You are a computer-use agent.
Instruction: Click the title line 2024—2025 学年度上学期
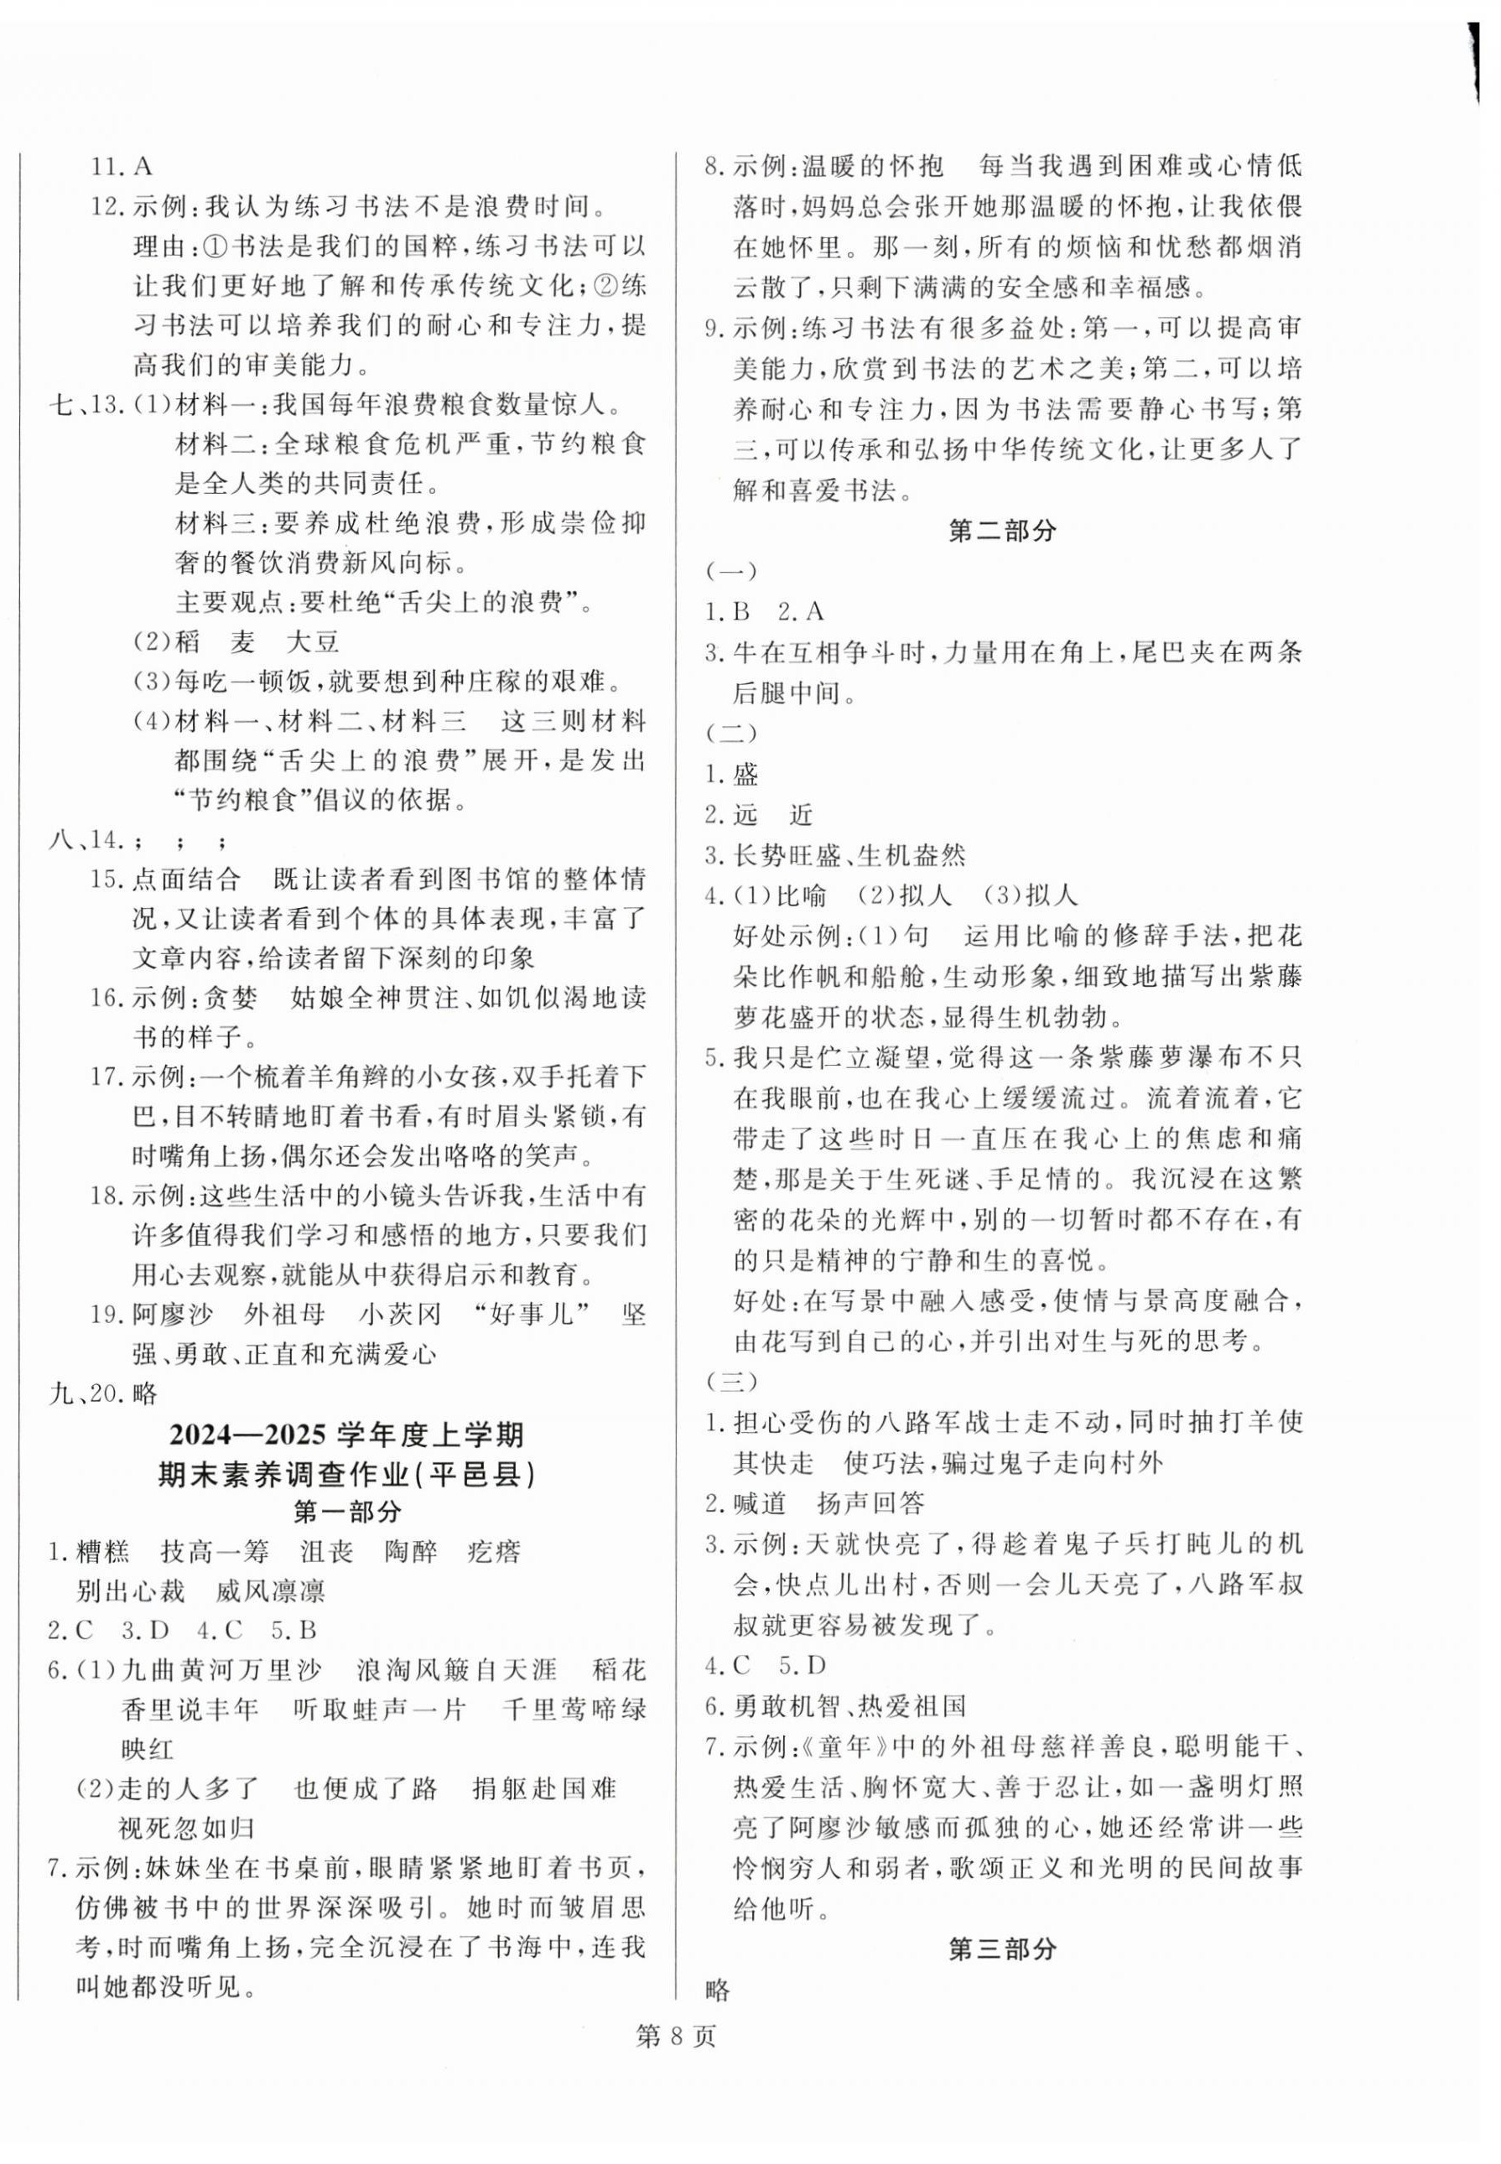(x=348, y=1435)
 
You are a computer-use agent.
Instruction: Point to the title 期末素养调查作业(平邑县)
(x=348, y=1474)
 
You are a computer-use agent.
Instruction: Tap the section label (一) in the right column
(x=730, y=571)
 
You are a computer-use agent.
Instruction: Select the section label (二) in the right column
(x=730, y=733)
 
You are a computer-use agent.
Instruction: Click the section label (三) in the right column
(x=730, y=1381)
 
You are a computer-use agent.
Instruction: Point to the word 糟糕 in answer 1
(x=103, y=1551)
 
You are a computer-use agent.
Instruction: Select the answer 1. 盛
(x=733, y=774)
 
